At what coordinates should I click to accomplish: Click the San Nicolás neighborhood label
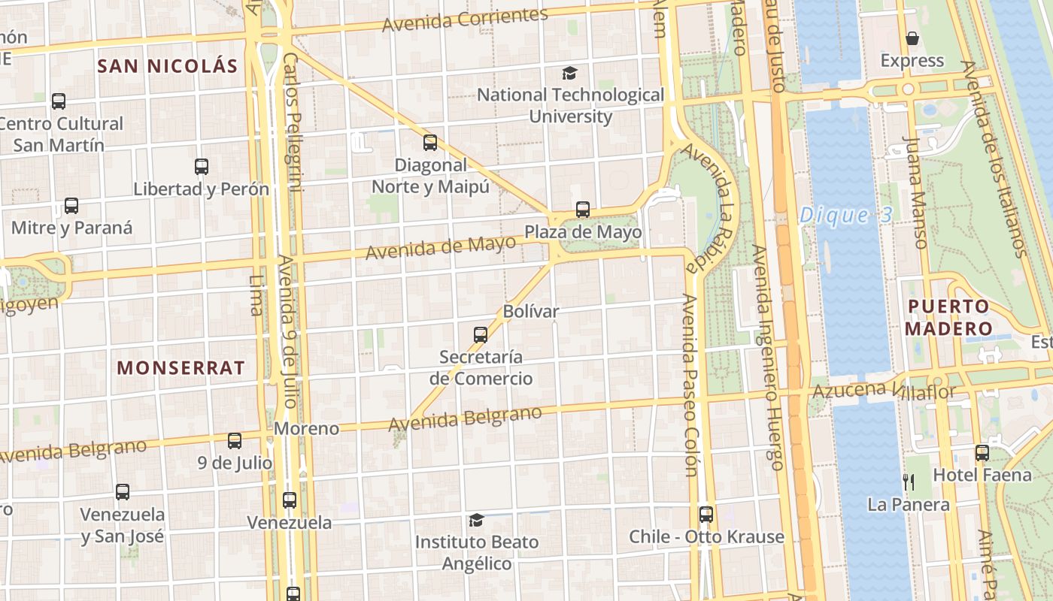click(x=168, y=65)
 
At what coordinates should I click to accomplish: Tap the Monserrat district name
click(x=181, y=367)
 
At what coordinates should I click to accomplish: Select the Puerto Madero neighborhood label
click(x=948, y=317)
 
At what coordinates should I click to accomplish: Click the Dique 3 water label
click(x=845, y=216)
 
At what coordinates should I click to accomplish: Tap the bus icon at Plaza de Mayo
click(x=583, y=210)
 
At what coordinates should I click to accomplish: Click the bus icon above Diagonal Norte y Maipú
click(x=430, y=142)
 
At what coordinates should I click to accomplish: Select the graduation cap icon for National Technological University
click(x=570, y=73)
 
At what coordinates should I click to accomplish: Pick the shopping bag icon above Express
click(x=912, y=38)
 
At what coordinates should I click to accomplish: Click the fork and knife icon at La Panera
click(x=909, y=482)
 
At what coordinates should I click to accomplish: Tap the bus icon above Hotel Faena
click(x=982, y=453)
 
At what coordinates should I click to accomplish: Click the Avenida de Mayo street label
click(x=441, y=247)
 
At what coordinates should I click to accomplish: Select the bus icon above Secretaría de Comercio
click(x=481, y=334)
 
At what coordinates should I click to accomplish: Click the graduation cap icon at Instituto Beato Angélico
click(x=476, y=520)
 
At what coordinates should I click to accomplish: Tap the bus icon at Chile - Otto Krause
click(x=706, y=515)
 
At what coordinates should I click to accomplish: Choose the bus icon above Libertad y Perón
click(x=202, y=167)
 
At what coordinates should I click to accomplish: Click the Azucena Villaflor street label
click(x=884, y=391)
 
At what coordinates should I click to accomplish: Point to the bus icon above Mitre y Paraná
click(x=71, y=206)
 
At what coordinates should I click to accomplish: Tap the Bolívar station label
click(x=531, y=311)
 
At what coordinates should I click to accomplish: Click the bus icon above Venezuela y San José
click(x=123, y=492)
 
